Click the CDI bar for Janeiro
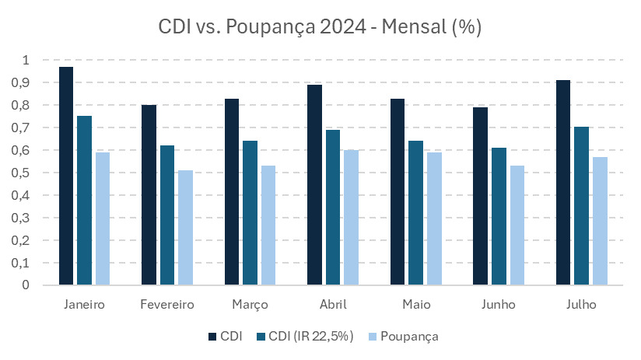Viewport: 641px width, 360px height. pos(65,176)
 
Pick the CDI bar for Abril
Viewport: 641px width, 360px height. pos(314,185)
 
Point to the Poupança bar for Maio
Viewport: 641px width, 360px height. pos(433,218)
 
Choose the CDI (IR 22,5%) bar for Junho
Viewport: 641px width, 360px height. pos(498,216)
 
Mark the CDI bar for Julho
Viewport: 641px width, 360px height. pos(562,183)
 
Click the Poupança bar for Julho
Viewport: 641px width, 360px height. pos(599,221)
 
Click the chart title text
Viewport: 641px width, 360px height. pos(320,28)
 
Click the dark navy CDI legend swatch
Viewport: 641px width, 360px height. pos(213,337)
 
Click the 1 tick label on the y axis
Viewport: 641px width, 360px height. pos(26,60)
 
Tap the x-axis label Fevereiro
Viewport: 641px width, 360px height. pos(167,305)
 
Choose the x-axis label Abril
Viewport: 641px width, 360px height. pos(333,305)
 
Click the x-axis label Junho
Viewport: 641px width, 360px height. pos(498,305)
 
